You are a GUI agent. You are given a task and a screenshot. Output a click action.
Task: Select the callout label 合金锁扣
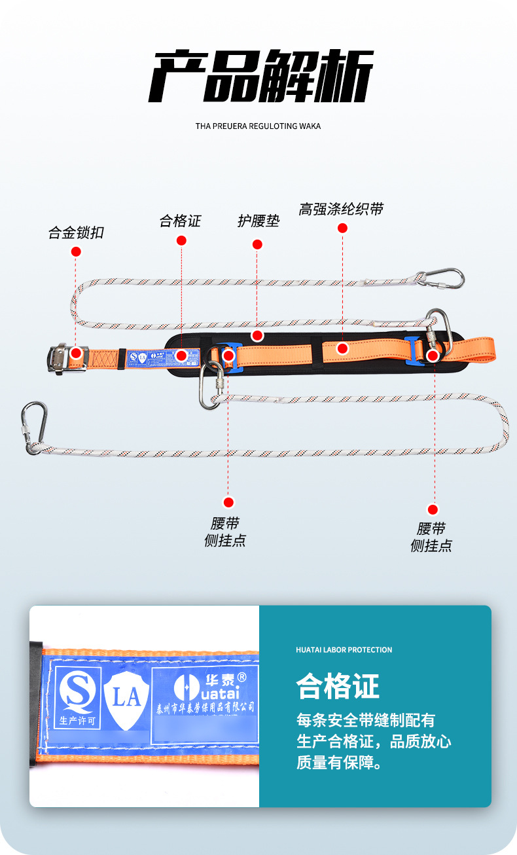click(76, 232)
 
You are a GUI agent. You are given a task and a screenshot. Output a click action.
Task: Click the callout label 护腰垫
click(258, 221)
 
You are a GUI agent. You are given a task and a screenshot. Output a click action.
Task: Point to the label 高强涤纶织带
click(341, 209)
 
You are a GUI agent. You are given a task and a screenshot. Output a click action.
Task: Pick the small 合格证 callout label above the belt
click(180, 221)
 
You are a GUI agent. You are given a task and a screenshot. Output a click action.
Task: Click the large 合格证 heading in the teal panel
click(337, 686)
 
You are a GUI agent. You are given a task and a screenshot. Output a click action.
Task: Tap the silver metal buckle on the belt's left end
click(67, 357)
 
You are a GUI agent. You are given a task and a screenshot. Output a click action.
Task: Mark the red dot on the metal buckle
click(76, 353)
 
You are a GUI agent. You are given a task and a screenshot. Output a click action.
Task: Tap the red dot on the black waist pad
click(257, 335)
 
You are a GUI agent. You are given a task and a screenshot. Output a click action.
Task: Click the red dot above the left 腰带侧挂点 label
click(228, 503)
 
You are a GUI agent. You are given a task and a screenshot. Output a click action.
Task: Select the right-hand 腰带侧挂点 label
click(431, 537)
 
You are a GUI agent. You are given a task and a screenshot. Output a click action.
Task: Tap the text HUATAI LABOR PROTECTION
click(344, 650)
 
